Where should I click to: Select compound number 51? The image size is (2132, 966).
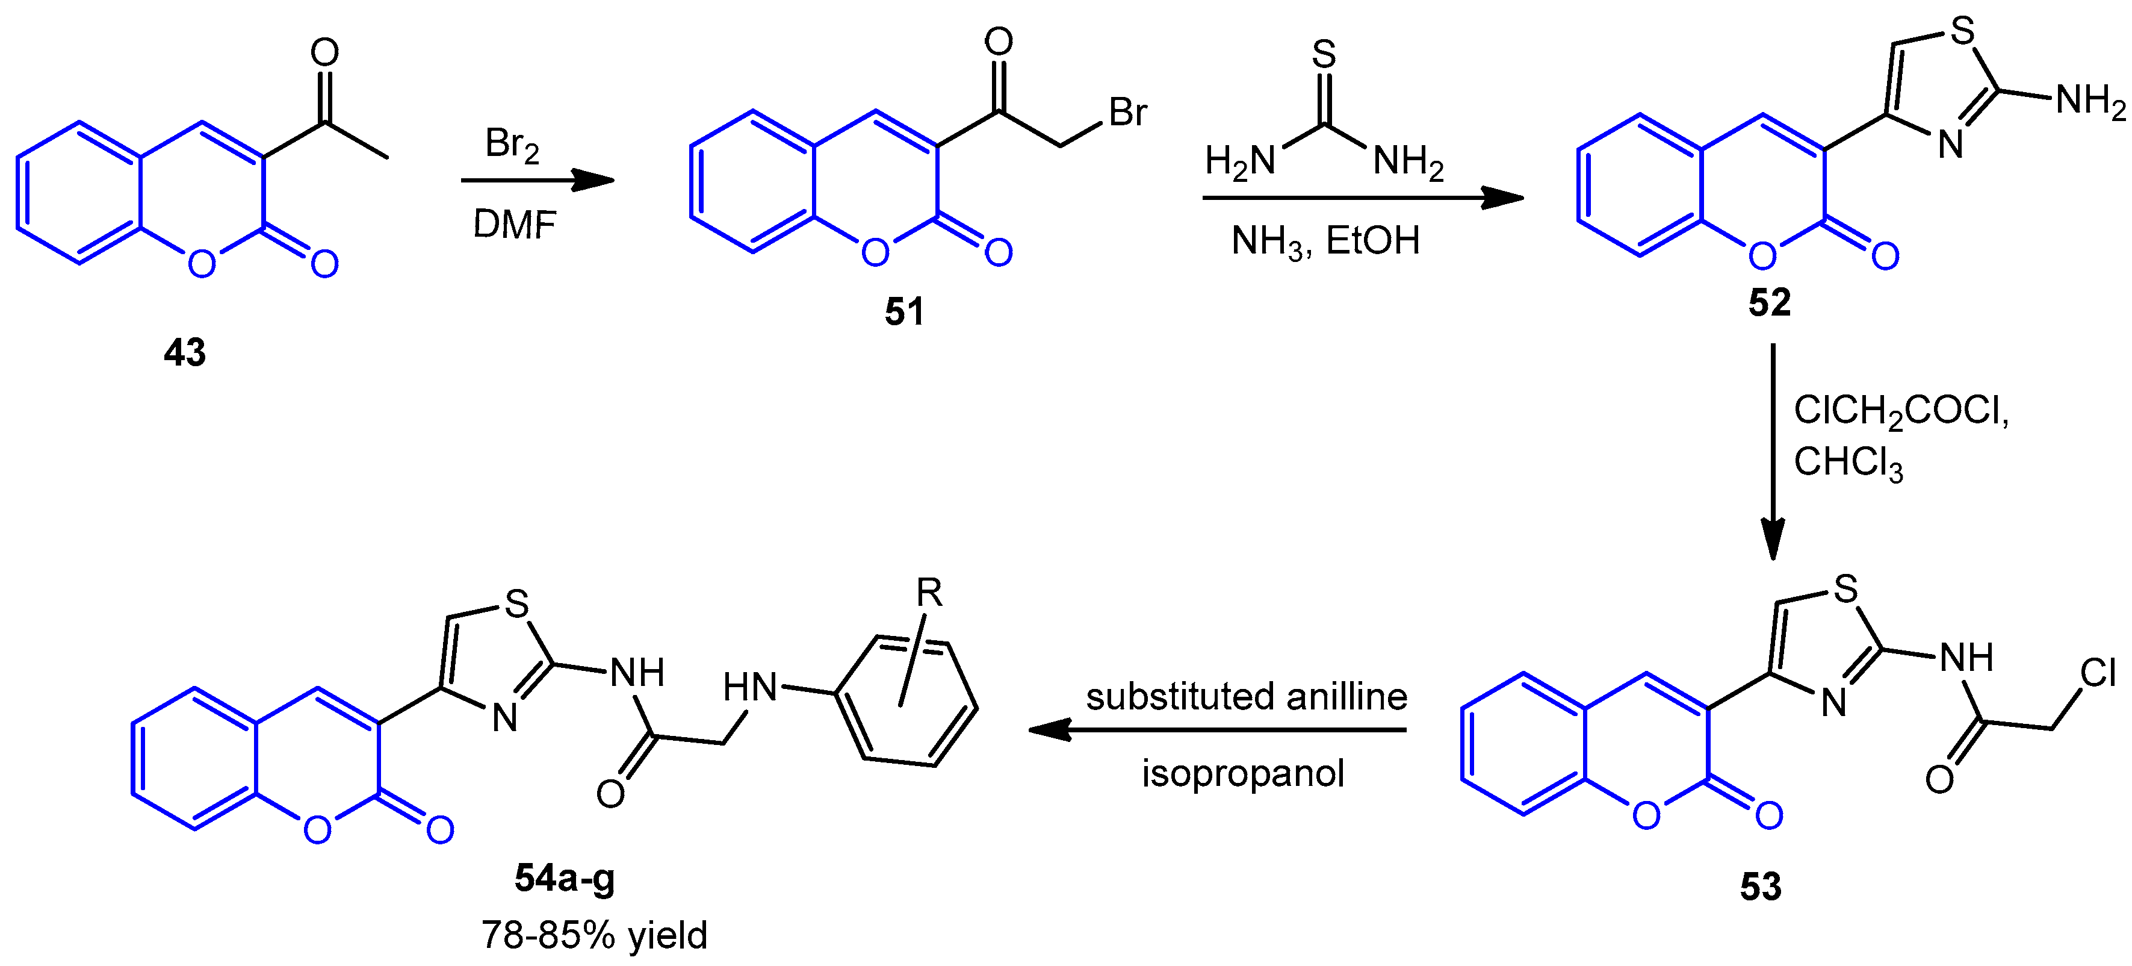coord(904,312)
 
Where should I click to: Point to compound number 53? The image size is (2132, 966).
coord(1761,887)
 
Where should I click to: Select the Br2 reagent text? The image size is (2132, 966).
coord(512,145)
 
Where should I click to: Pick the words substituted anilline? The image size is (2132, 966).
coord(1245,696)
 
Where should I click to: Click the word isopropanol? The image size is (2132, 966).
coord(1242,773)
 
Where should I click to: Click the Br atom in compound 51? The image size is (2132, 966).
coord(1127,113)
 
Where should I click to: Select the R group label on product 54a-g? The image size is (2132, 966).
coord(929,593)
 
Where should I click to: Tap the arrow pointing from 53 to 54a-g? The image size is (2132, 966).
coord(1216,730)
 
